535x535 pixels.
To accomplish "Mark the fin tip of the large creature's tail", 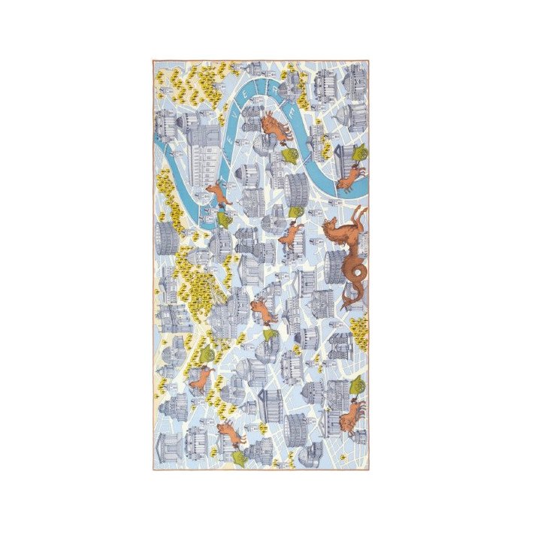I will (346, 304).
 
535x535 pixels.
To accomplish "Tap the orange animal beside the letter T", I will (217, 192).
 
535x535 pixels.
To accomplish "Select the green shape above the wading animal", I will (359, 153).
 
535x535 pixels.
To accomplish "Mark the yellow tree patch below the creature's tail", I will (358, 327).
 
